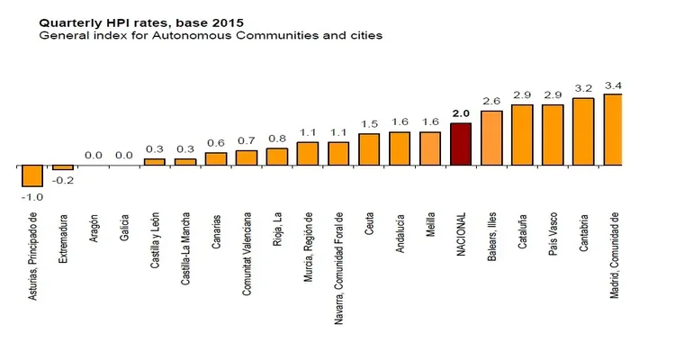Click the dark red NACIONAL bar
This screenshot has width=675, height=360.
click(x=460, y=144)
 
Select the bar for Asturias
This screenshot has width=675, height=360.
click(x=32, y=175)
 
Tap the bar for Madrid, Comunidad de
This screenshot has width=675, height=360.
click(x=614, y=130)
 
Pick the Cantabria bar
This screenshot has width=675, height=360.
click(x=583, y=131)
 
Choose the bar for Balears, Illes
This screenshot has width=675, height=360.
click(x=491, y=138)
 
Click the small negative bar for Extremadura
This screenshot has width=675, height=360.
click(x=63, y=168)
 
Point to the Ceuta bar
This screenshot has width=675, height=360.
click(x=369, y=149)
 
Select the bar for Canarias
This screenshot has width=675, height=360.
click(x=216, y=159)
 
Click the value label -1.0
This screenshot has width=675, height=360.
click(x=32, y=197)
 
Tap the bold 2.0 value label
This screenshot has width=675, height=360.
click(x=460, y=113)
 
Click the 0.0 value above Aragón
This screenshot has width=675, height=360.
click(x=94, y=155)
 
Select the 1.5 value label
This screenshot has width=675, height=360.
click(x=369, y=124)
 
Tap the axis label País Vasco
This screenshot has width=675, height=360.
click(x=553, y=235)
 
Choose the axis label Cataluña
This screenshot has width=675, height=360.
click(x=522, y=232)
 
